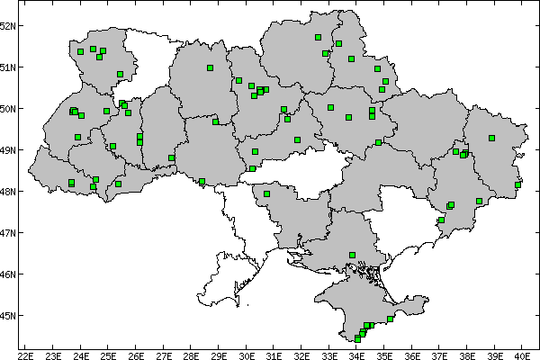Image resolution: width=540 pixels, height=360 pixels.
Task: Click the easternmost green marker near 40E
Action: click(517, 185)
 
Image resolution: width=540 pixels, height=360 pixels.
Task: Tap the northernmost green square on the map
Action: click(318, 37)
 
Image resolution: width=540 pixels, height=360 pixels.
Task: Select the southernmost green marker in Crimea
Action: click(357, 339)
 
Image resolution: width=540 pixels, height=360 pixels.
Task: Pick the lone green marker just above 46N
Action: click(352, 255)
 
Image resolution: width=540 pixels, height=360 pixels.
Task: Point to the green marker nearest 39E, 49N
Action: click(491, 138)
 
